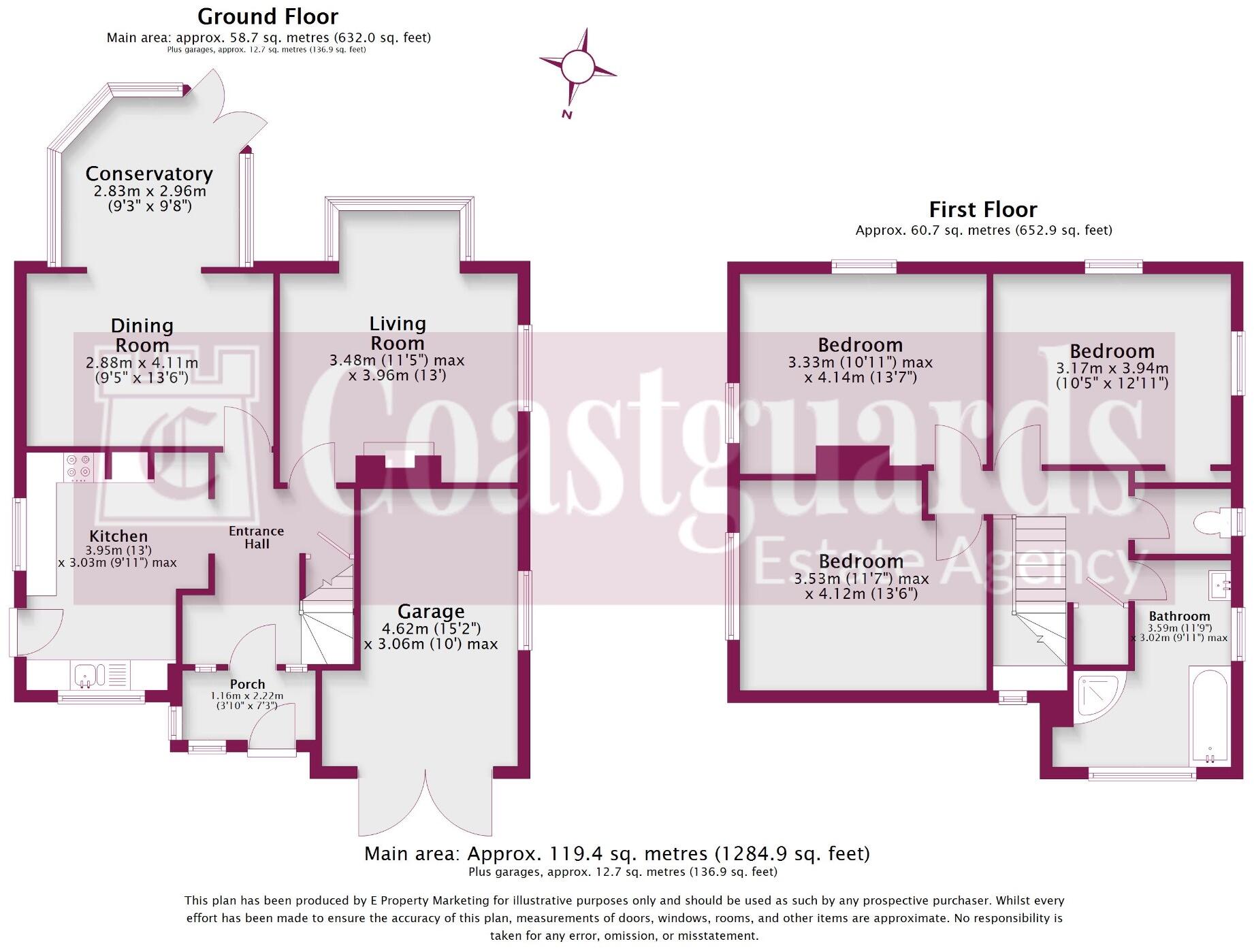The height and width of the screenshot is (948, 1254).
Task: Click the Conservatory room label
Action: [149, 174]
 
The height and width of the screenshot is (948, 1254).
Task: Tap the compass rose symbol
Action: [578, 67]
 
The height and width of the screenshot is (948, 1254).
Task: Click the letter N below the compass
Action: [566, 114]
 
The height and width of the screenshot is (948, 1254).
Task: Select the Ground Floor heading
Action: [268, 16]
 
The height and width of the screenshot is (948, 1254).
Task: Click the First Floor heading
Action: [982, 209]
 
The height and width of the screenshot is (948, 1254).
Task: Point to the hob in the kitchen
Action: [78, 465]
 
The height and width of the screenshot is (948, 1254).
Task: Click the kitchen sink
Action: [87, 675]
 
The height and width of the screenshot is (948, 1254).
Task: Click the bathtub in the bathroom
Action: [1209, 715]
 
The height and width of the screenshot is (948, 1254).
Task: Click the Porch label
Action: [247, 684]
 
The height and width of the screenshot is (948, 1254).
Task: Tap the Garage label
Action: [431, 611]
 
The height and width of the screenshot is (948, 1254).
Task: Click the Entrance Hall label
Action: [257, 537]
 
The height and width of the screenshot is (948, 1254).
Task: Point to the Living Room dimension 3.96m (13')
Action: [397, 376]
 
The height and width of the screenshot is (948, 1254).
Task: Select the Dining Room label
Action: [142, 335]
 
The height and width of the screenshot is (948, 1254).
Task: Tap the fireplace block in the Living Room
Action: [398, 466]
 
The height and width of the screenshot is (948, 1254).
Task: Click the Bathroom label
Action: [1179, 616]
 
